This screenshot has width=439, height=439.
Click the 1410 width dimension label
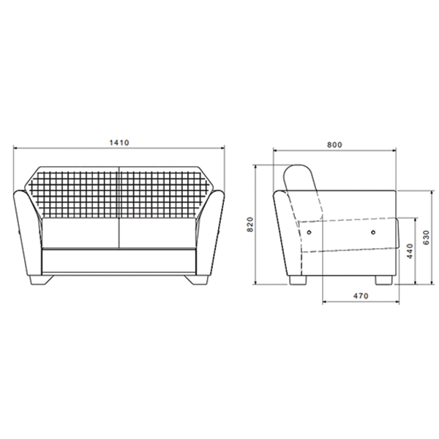(x=119, y=143)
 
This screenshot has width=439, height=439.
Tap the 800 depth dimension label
(x=334, y=145)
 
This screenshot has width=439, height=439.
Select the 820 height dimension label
(x=250, y=225)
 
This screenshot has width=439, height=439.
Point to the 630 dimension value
(x=426, y=237)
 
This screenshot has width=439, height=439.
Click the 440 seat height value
(x=410, y=251)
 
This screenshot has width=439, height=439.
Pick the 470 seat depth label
(x=361, y=296)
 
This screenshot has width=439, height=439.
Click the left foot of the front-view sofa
(x=41, y=280)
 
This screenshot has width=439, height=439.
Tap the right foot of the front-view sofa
(x=196, y=280)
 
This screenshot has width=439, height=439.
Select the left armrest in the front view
(x=28, y=233)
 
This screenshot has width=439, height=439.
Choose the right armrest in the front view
(x=211, y=233)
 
